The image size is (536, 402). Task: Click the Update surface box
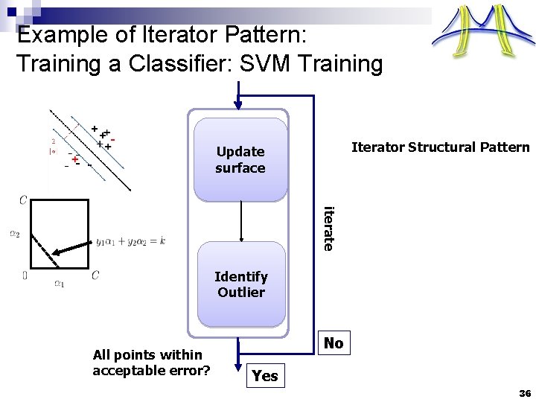pos(240,159)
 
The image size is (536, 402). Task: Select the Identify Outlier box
pos(240,284)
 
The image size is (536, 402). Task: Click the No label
pos(334,343)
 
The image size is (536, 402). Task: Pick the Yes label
pos(265,376)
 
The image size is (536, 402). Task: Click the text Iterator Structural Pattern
pos(440,147)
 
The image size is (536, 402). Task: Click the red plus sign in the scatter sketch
pos(74,159)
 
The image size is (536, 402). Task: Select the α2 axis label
pos(15,232)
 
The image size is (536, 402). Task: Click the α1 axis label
pos(59,282)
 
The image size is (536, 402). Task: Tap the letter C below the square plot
pos(95,275)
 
